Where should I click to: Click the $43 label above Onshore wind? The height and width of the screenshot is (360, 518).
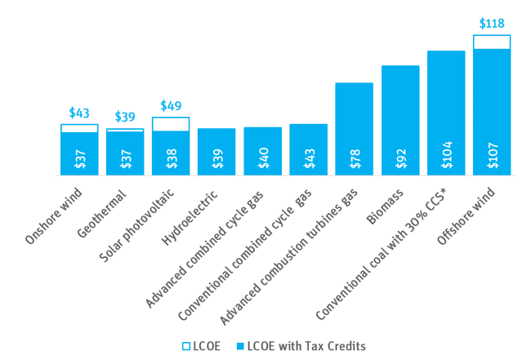point(79,113)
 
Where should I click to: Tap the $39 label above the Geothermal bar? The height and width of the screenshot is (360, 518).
point(125,117)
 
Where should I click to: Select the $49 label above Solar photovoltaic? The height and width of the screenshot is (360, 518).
point(171,105)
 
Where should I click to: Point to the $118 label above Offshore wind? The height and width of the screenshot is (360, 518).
point(490,23)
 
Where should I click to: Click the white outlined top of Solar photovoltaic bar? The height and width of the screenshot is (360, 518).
point(171,124)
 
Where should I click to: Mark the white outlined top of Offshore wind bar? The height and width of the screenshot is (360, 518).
point(492,42)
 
